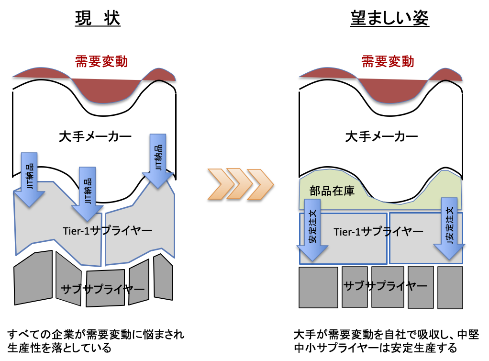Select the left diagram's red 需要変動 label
point(101,61)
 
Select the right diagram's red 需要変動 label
point(388,61)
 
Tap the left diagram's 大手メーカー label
point(95,137)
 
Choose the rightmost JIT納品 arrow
point(158,160)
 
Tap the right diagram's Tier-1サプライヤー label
point(378,232)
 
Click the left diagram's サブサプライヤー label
point(102,289)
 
